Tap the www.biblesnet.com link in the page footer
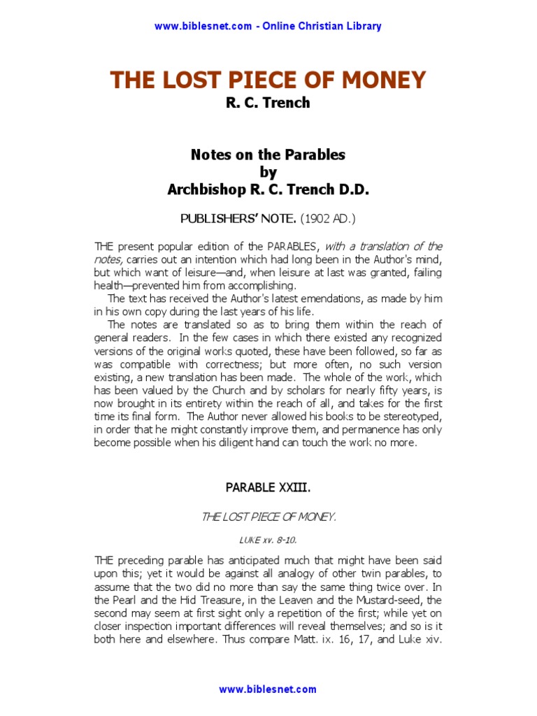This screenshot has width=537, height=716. tap(268, 689)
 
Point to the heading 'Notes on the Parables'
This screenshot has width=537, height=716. tap(268, 155)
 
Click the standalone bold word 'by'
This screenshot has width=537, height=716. tap(268, 172)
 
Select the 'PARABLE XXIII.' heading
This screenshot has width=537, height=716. tap(268, 487)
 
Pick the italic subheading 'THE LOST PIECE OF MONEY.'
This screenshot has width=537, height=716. tap(268, 517)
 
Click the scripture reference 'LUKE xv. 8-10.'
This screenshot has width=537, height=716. tap(268, 539)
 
